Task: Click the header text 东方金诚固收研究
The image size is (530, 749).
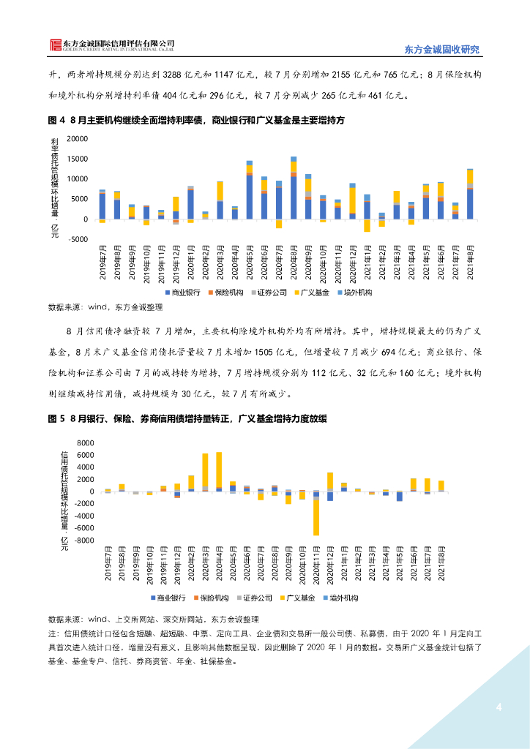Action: [x=441, y=50]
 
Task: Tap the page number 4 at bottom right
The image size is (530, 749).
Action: [x=499, y=707]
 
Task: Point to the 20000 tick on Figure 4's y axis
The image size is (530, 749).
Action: [x=77, y=138]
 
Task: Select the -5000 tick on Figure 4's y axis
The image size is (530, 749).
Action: [x=77, y=239]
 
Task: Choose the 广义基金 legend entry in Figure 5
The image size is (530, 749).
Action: [x=298, y=598]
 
